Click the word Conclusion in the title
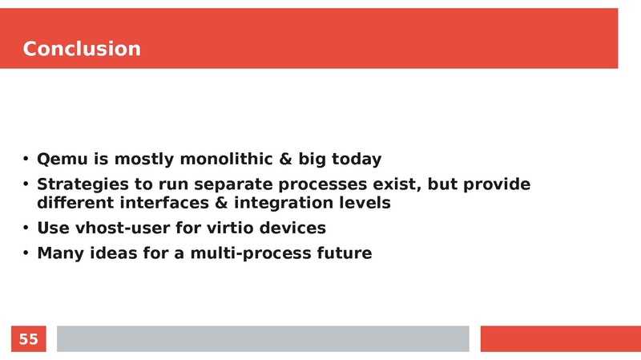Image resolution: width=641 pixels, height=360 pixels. (82, 49)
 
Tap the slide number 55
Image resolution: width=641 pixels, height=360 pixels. (28, 339)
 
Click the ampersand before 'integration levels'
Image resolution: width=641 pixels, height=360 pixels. (221, 203)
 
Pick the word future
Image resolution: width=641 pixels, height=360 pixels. (342, 254)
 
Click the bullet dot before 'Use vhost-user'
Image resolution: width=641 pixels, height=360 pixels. (26, 229)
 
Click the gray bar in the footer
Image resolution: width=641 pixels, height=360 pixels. (262, 338)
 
